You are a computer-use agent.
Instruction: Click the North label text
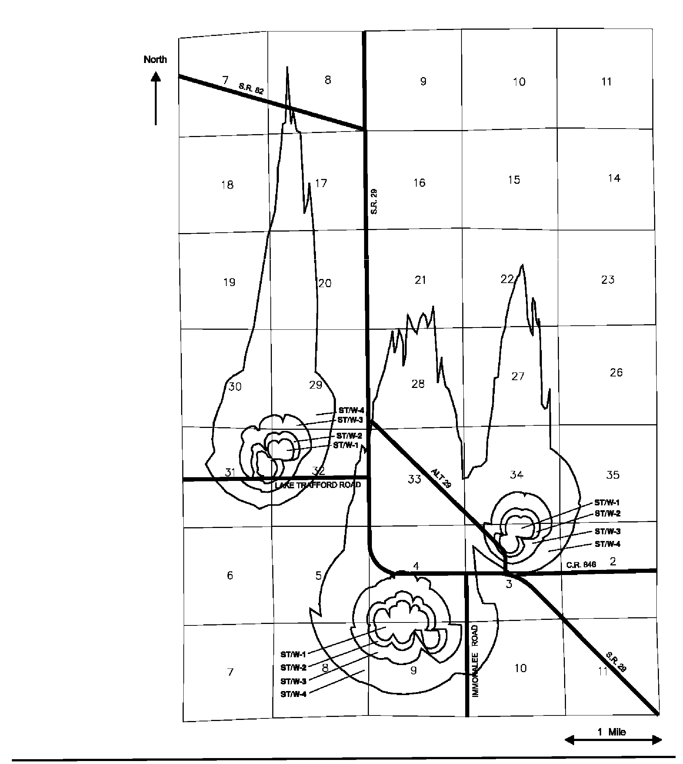coord(155,59)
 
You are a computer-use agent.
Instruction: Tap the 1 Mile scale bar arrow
coord(613,740)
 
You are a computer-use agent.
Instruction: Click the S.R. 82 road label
coord(251,89)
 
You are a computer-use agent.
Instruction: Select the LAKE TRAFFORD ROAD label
coord(317,485)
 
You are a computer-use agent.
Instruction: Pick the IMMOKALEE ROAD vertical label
coord(475,661)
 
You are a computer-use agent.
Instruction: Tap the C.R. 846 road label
coord(581,565)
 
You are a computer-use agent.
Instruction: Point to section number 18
coord(227,185)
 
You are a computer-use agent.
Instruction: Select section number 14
coord(614,178)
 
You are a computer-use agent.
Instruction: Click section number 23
coord(607,279)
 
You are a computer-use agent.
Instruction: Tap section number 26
coord(616,372)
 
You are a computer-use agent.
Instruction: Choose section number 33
coord(414,479)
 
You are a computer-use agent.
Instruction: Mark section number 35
coord(613,475)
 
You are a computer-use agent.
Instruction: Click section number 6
coord(230,575)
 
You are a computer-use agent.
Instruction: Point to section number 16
coord(419,183)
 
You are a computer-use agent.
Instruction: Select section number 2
coord(613,561)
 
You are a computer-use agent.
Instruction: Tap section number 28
coord(418,384)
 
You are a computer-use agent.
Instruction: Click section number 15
coord(514,180)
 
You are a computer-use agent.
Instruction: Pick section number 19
coord(229,282)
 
